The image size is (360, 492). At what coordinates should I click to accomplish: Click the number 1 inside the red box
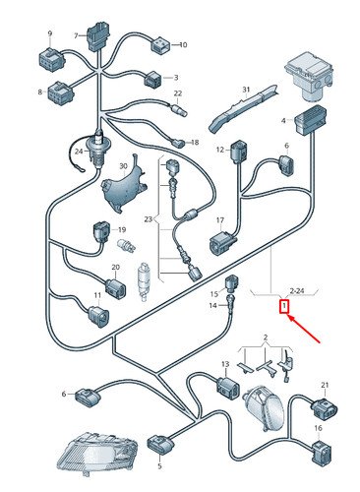[284, 307]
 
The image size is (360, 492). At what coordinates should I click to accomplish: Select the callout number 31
[246, 90]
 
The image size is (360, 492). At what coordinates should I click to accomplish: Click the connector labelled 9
[51, 58]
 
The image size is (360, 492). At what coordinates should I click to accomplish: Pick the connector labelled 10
[160, 45]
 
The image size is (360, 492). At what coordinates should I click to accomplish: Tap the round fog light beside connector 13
[264, 406]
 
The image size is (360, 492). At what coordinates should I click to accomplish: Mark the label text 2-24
[297, 290]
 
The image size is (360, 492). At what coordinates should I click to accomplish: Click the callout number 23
[149, 218]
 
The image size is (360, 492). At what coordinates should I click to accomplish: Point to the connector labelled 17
[223, 243]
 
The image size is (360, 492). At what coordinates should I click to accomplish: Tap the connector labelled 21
[324, 407]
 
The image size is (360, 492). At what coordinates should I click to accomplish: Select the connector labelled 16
[321, 453]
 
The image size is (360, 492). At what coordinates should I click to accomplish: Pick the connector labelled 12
[239, 152]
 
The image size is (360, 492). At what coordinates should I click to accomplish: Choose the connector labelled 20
[115, 288]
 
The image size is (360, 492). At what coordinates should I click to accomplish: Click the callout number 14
[212, 305]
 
